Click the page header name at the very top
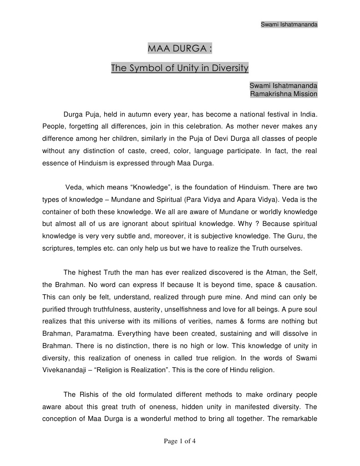[289, 24]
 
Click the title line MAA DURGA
[180, 49]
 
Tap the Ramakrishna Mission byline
[284, 94]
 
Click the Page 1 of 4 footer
[179, 441]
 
